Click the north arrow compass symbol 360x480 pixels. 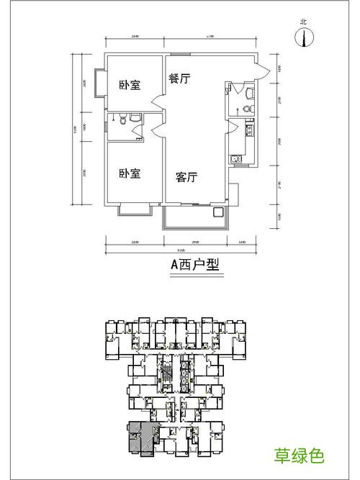pos(304,38)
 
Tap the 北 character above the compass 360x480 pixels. pos(304,22)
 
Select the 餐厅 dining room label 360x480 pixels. pos(179,79)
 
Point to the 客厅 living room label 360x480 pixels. pos(186,176)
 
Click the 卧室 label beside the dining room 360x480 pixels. pos(129,85)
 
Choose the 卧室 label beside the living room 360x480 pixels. pos(129,173)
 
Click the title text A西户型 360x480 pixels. pos(194,263)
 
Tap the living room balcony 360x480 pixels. pos(191,216)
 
